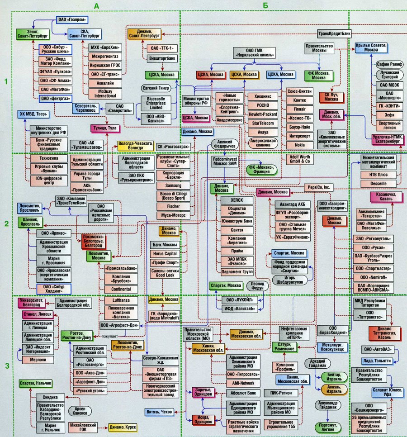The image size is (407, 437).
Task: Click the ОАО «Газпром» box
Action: pos(72,20)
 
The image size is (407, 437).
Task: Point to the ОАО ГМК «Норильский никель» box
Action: pos(255,52)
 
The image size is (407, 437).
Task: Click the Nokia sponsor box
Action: pos(299,145)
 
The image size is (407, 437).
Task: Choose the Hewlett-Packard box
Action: pos(263,114)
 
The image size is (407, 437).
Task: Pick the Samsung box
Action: pos(174,186)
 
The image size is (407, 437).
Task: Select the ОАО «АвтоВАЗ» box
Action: pos(378,349)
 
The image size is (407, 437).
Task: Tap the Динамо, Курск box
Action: pos(121,427)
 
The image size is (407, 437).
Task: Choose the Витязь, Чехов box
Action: pos(159,412)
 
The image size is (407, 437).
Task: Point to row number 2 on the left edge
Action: pos(6,224)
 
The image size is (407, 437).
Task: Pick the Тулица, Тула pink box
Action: pos(106,128)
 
